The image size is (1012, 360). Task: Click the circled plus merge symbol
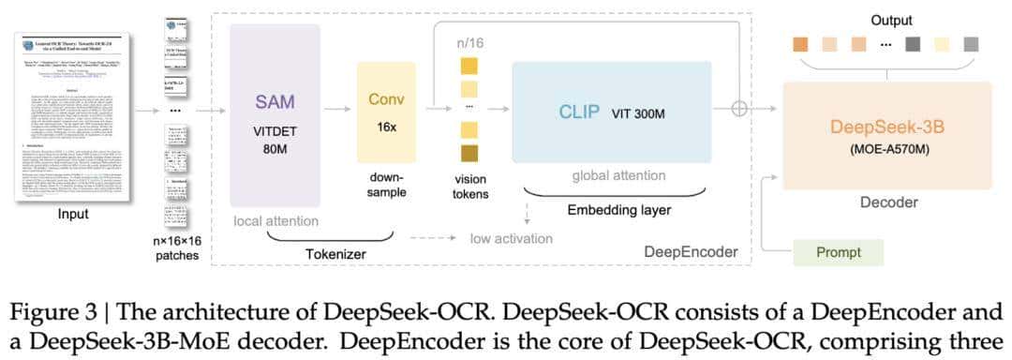[x=740, y=109]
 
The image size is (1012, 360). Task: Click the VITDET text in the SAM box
[x=274, y=134]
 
